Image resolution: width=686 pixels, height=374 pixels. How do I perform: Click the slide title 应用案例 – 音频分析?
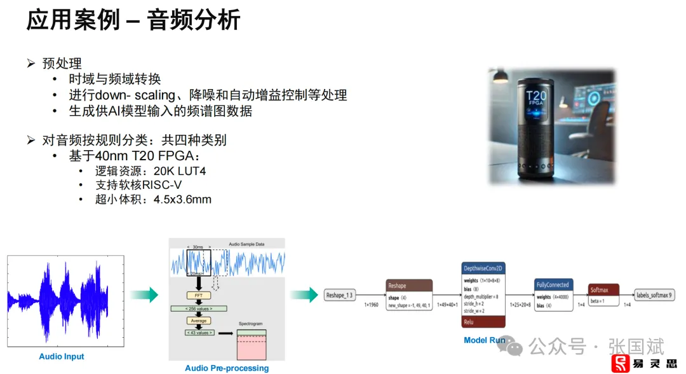pyautogui.click(x=133, y=20)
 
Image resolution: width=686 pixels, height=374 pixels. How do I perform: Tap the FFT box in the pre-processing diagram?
pyautogui.click(x=199, y=296)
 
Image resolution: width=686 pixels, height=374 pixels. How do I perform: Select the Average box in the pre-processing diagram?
pyautogui.click(x=199, y=321)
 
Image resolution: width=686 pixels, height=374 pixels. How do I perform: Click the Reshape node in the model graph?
pyautogui.click(x=409, y=286)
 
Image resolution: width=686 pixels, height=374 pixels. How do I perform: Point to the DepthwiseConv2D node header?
pyautogui.click(x=483, y=268)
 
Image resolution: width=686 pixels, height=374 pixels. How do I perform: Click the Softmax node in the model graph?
pyautogui.click(x=603, y=290)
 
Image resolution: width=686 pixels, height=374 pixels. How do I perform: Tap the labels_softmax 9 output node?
pyautogui.click(x=654, y=295)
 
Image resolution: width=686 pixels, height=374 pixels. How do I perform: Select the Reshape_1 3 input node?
pyautogui.click(x=340, y=295)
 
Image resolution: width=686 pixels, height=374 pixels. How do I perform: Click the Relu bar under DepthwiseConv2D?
pyautogui.click(x=483, y=322)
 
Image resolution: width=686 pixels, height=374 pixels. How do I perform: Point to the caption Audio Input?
pyautogui.click(x=62, y=357)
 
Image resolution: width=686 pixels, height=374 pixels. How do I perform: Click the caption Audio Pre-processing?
pyautogui.click(x=227, y=368)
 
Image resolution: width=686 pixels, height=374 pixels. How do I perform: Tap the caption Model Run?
pyautogui.click(x=484, y=340)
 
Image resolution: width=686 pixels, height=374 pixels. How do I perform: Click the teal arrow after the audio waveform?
pyautogui.click(x=144, y=294)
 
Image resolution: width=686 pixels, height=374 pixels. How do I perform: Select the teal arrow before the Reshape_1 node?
pyautogui.click(x=304, y=294)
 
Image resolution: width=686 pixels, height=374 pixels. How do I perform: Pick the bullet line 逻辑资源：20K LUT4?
pyautogui.click(x=151, y=171)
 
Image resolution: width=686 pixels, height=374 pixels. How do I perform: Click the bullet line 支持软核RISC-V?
pyautogui.click(x=138, y=185)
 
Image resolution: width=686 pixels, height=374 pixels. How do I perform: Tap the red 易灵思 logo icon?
pyautogui.click(x=621, y=363)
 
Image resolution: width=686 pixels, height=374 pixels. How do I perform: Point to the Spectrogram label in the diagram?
pyautogui.click(x=250, y=324)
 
